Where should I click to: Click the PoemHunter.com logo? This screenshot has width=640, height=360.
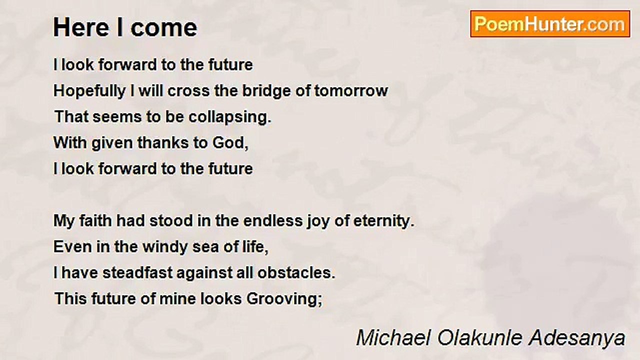pyautogui.click(x=550, y=24)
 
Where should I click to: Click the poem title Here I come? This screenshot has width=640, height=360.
pyautogui.click(x=125, y=27)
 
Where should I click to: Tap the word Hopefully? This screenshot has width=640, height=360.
pyautogui.click(x=89, y=91)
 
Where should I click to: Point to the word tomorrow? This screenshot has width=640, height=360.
pyautogui.click(x=351, y=91)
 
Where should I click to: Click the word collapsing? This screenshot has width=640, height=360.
pyautogui.click(x=229, y=117)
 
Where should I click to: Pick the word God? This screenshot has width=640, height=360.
pyautogui.click(x=230, y=143)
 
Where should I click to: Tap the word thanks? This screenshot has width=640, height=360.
pyautogui.click(x=163, y=143)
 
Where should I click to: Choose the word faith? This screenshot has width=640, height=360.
pyautogui.click(x=95, y=220)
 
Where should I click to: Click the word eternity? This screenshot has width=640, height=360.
pyautogui.click(x=383, y=221)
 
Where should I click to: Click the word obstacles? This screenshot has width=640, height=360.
pyautogui.click(x=296, y=272)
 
